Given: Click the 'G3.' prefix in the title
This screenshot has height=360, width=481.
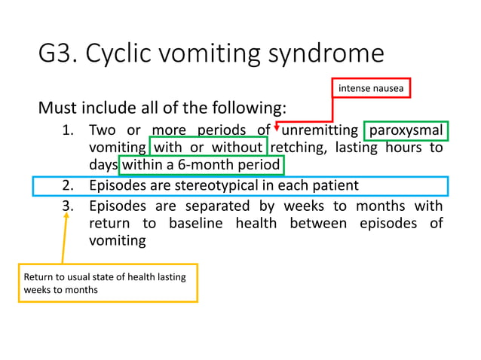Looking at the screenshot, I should [x=59, y=54].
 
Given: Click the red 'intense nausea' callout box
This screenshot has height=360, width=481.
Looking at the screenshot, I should [x=372, y=89].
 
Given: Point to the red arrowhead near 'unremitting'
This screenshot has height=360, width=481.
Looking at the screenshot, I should [x=277, y=126].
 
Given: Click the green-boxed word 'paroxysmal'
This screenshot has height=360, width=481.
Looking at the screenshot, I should [x=406, y=130].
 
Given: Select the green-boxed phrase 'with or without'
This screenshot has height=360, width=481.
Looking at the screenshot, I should [x=209, y=148].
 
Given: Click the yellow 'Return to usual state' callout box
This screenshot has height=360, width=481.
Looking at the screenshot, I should [x=108, y=283].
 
